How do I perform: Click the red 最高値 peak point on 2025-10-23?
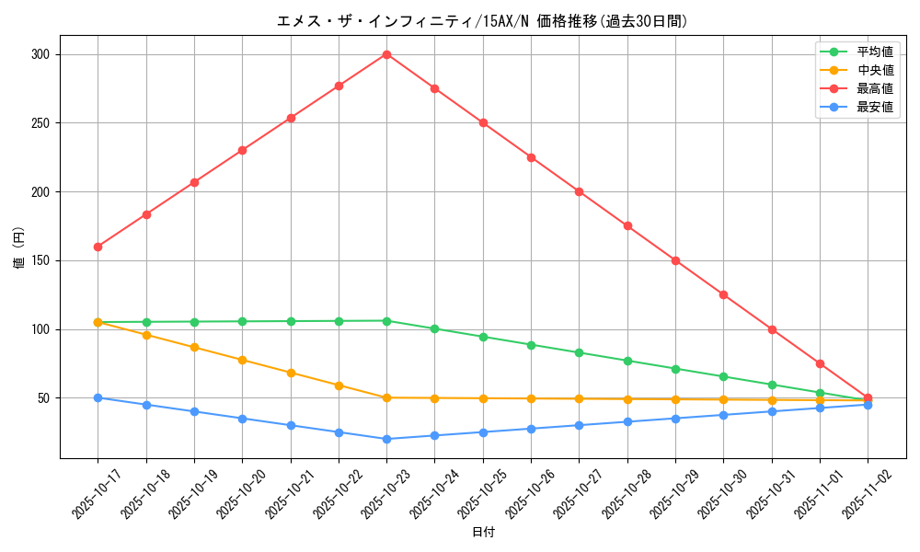tap(386, 54)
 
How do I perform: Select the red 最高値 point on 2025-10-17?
tap(98, 247)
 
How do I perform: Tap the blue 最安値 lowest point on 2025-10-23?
tap(386, 439)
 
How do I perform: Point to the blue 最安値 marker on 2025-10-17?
tap(98, 397)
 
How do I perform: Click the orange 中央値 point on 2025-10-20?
tap(242, 360)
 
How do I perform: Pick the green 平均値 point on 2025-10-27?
tap(579, 352)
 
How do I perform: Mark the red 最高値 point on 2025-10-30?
tap(723, 294)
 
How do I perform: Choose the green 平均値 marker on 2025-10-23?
tap(386, 321)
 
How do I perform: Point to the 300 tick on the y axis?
tap(40, 54)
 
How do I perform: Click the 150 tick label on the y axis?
tap(40, 260)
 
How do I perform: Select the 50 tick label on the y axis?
tap(42, 398)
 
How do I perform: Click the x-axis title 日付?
tap(483, 533)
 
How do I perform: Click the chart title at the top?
tap(483, 21)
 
